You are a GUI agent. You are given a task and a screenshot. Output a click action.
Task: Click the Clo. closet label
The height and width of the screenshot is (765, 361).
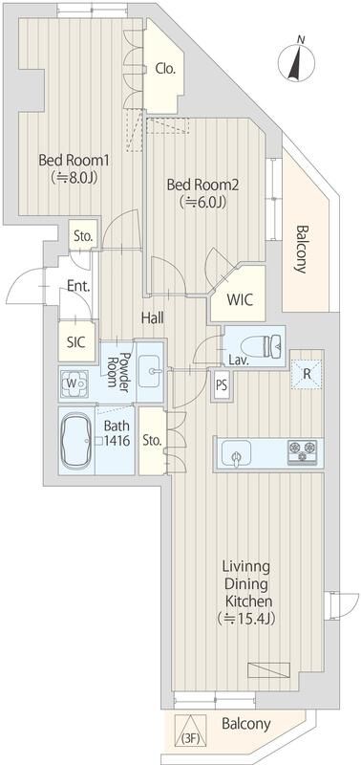(x=164, y=68)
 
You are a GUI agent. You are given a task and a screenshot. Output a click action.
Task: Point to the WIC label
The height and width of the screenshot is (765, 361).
(x=239, y=298)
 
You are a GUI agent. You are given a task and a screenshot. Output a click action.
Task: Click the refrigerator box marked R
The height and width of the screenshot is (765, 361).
(x=306, y=374)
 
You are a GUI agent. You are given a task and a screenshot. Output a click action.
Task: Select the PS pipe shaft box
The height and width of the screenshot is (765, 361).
(x=222, y=386)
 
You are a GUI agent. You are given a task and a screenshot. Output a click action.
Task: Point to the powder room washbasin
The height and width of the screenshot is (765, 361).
(x=151, y=367)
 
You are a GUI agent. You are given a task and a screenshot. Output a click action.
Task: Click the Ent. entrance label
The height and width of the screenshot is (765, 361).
(x=78, y=285)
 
